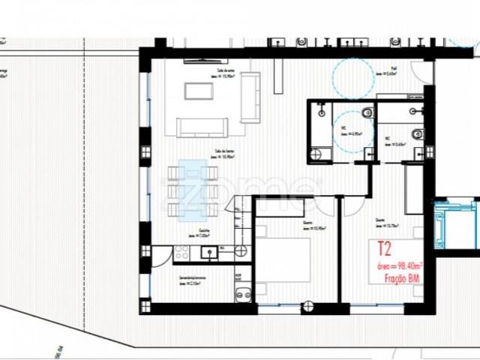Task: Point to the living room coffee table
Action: [x=199, y=91]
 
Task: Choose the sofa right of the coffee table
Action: [x=250, y=97]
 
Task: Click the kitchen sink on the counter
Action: [x=203, y=253]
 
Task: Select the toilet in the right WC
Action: [x=418, y=134]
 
